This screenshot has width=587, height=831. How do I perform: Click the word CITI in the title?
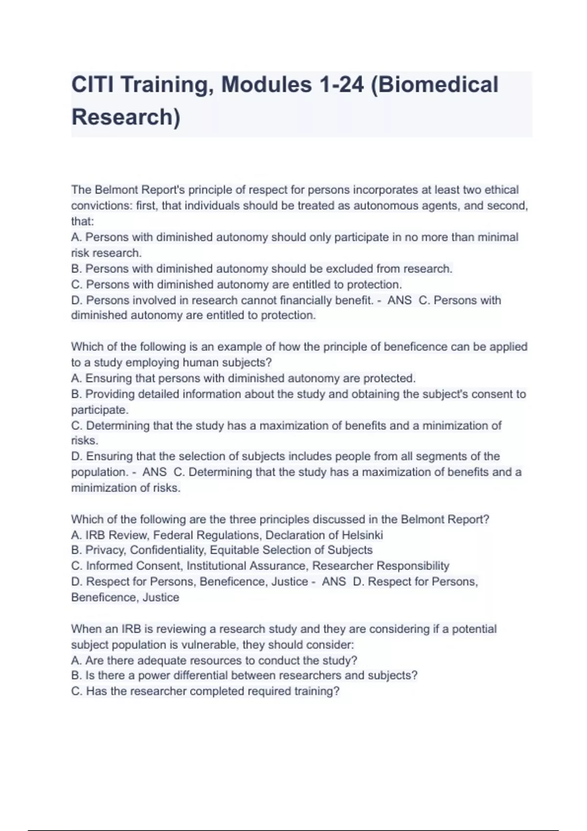[x=92, y=85]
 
